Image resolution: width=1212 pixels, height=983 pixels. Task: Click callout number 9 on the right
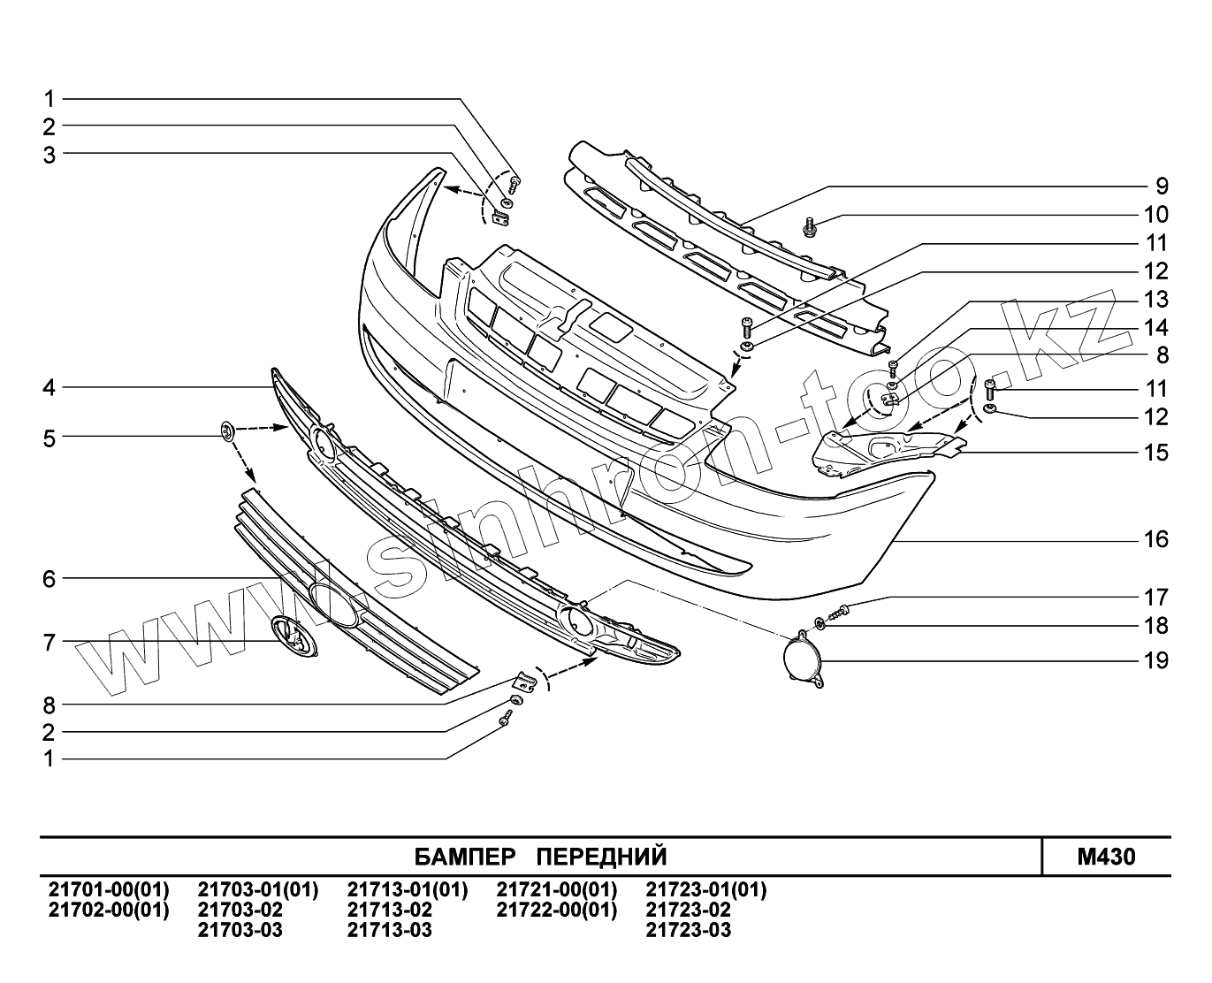[x=1162, y=187]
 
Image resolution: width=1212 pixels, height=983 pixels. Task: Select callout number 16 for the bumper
[x=1156, y=539]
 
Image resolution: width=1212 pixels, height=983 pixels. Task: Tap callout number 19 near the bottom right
[x=1156, y=660]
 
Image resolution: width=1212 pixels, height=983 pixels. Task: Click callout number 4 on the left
[x=50, y=387]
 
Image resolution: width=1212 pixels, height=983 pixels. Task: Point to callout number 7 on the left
[x=50, y=642]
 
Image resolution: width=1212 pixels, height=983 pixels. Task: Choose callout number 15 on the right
[x=1156, y=453]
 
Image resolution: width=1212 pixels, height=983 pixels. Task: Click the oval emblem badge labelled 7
[x=295, y=636]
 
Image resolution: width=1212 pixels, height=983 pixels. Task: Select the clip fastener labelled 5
[x=227, y=432]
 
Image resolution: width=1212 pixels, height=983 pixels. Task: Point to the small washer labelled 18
[x=819, y=625]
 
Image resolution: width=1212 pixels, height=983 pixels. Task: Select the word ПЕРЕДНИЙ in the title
[x=602, y=857]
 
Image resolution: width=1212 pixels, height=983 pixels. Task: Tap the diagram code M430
[x=1106, y=857]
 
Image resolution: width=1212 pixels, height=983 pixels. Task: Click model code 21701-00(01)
[x=108, y=889]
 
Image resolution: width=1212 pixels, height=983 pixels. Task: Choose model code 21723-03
[x=689, y=930]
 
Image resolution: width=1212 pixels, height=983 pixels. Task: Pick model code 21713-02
[x=390, y=910]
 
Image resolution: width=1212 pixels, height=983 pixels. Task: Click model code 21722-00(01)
[x=557, y=910]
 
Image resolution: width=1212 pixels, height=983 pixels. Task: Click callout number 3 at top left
[x=50, y=155]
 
